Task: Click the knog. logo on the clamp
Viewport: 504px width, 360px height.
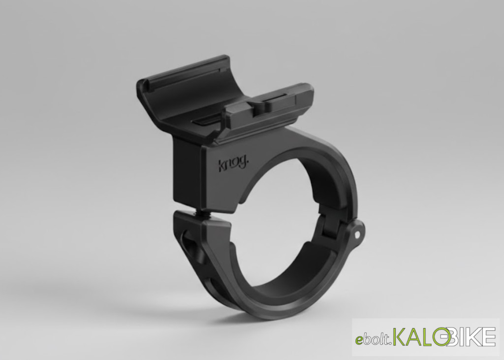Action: [233, 165]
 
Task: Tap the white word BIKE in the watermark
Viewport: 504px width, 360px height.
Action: [472, 336]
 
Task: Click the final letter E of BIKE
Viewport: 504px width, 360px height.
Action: [489, 336]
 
